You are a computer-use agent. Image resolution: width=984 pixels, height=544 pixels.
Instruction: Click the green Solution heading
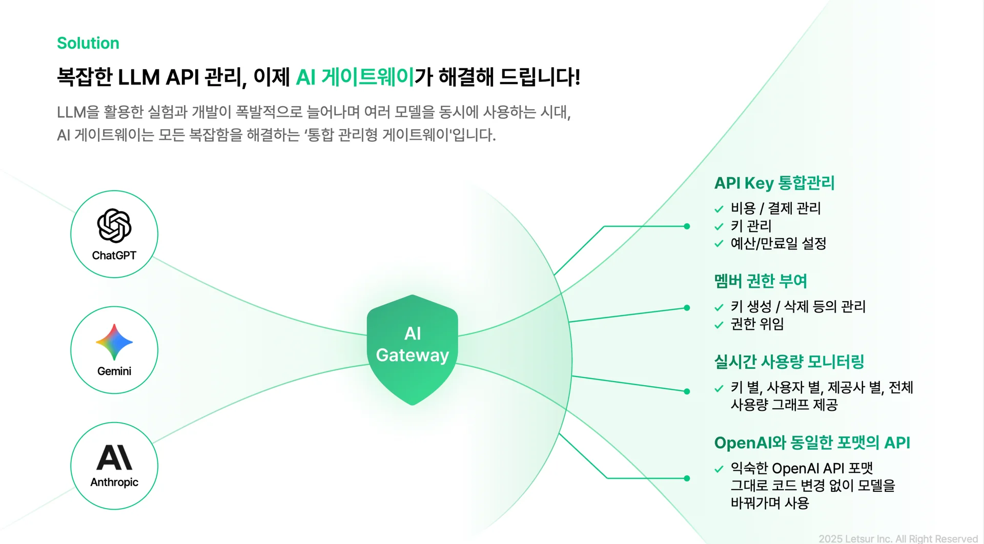[x=88, y=43]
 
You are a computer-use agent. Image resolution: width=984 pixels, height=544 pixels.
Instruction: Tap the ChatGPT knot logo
[x=114, y=225]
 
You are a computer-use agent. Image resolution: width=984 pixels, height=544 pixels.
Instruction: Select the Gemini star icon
[x=114, y=342]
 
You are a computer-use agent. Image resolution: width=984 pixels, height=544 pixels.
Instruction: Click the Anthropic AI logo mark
[x=114, y=457]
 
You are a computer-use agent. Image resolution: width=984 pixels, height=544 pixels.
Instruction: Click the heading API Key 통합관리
[x=774, y=183]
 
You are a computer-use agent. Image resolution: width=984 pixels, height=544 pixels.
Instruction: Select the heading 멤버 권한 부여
[x=761, y=281]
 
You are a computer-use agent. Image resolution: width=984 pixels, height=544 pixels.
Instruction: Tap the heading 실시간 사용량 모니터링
[x=789, y=362]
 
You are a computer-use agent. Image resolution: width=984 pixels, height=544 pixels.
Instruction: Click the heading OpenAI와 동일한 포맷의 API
[x=812, y=443]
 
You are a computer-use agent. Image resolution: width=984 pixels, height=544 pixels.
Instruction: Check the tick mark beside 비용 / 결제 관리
[x=719, y=209]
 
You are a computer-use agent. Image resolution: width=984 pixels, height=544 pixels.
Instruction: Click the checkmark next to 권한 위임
[x=719, y=325]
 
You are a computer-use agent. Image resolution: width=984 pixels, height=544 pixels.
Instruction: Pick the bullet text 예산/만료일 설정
[x=778, y=243]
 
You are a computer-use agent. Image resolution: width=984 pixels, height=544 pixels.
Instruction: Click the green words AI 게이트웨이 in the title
[x=355, y=77]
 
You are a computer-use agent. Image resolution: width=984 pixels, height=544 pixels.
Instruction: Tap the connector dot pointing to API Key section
[x=687, y=226]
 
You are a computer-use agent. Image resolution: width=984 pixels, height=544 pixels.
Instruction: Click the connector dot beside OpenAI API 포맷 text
[x=687, y=478]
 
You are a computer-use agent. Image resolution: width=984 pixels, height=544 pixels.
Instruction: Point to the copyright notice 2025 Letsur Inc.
[x=898, y=538]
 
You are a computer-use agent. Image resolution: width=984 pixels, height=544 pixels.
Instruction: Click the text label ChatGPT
[x=114, y=255]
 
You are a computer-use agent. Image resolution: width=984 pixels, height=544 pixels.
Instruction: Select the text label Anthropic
[x=114, y=482]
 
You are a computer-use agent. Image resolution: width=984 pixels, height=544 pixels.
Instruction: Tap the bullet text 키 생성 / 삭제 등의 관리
[x=797, y=306]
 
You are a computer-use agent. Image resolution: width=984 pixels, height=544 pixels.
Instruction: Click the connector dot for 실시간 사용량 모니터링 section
[x=687, y=391]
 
